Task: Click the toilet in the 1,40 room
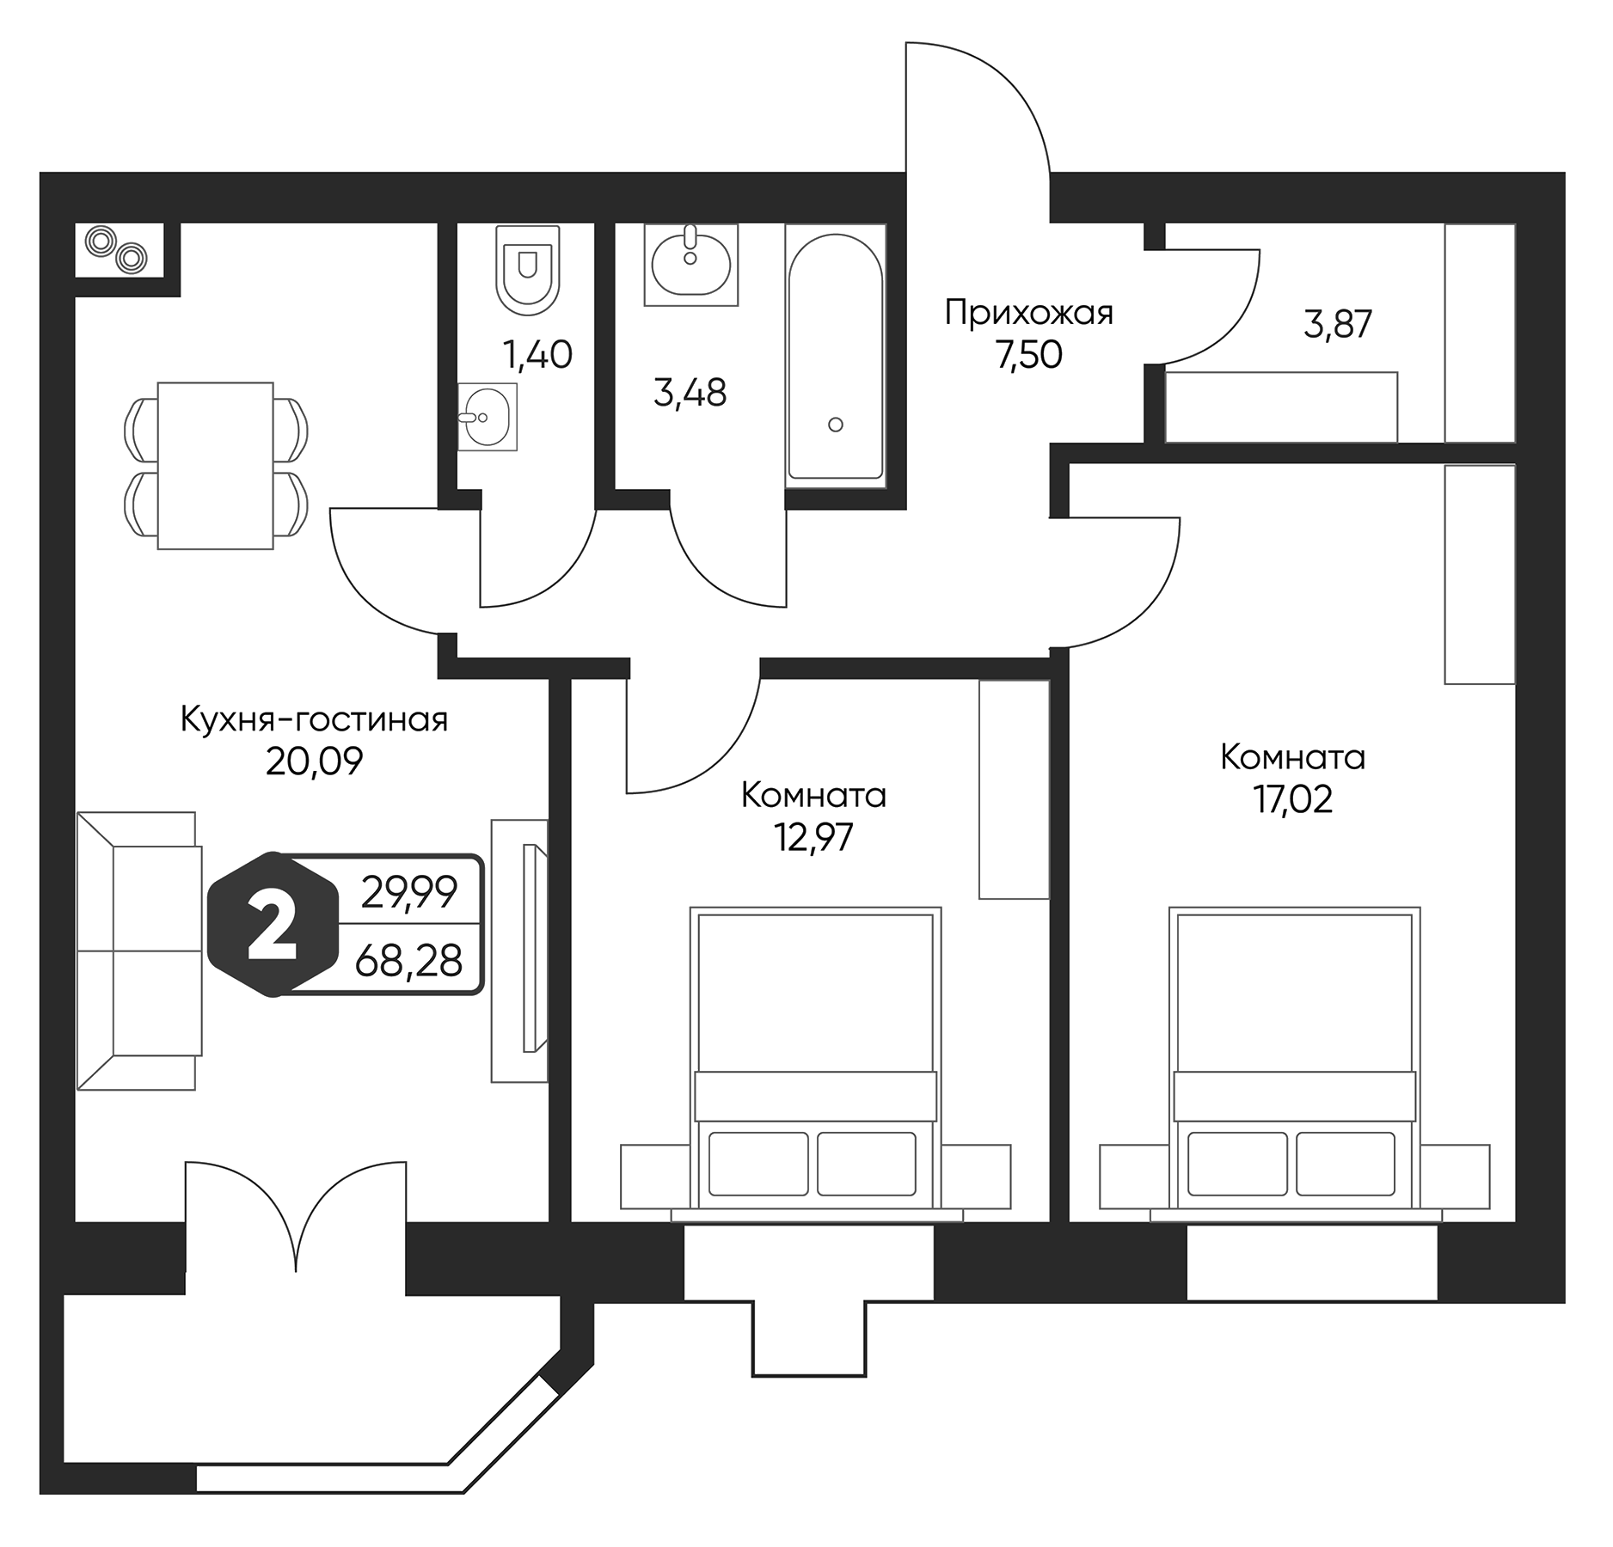(528, 268)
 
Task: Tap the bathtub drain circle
(835, 424)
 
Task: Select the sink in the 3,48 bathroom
(690, 262)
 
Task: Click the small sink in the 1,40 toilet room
(487, 418)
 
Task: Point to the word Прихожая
(1028, 313)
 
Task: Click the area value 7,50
(1028, 355)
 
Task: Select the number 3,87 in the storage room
(1337, 325)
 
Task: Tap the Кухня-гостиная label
(314, 720)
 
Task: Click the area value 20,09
(314, 761)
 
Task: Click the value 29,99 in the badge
(408, 895)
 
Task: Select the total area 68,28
(408, 961)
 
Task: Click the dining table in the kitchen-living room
(215, 466)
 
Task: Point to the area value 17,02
(1292, 800)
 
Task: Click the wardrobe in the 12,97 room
(1014, 789)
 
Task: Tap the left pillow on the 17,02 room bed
(1237, 1164)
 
